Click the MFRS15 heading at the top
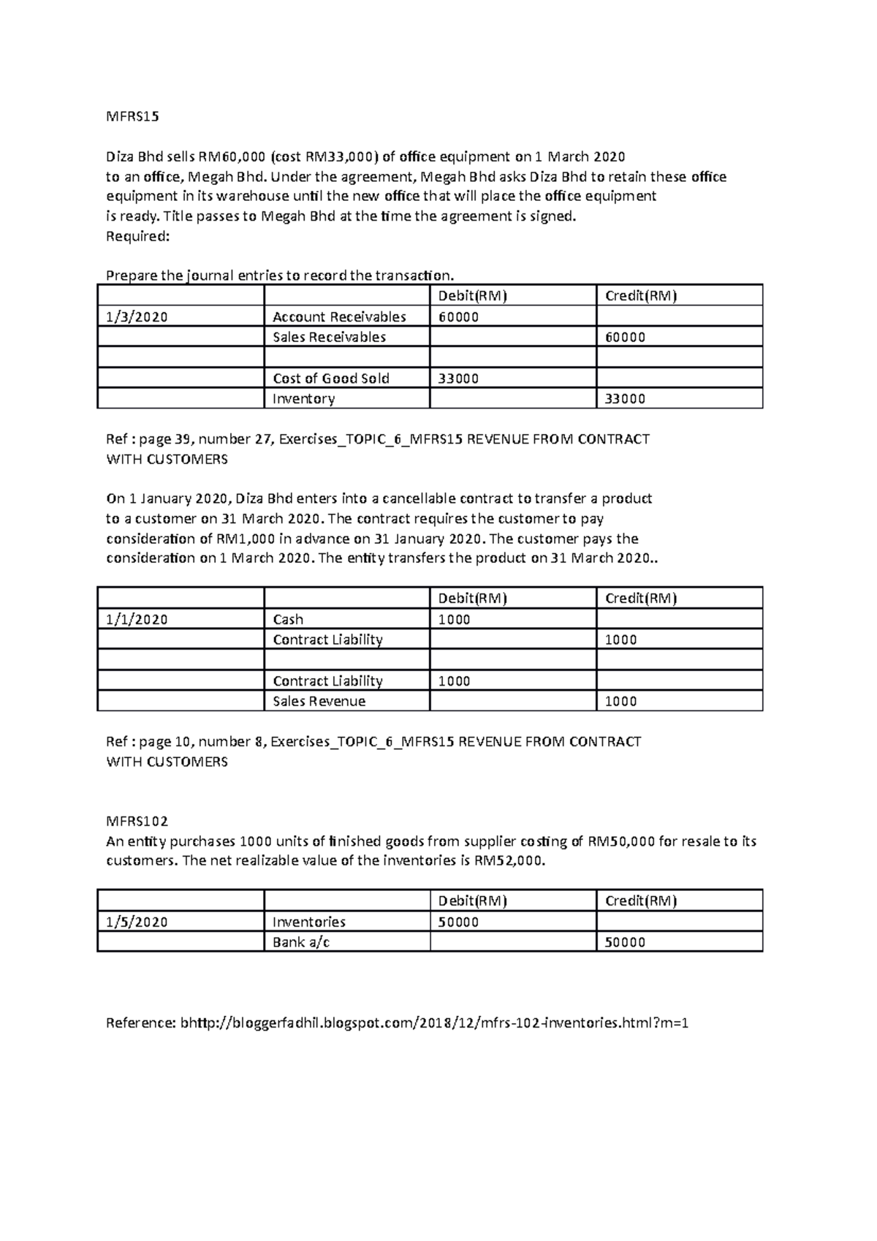click(x=132, y=116)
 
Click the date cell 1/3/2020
click(x=137, y=316)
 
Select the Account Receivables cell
click(x=339, y=316)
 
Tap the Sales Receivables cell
click(x=329, y=337)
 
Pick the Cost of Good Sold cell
click(x=330, y=378)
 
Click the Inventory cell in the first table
click(x=303, y=398)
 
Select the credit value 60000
click(x=626, y=337)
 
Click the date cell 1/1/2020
click(x=137, y=619)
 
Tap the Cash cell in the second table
click(x=288, y=619)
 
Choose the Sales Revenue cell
click(x=319, y=701)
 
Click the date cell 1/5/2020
click(x=137, y=922)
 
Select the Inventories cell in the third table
click(x=309, y=922)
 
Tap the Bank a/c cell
click(x=301, y=942)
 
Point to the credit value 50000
click(x=626, y=942)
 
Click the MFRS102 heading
click(x=137, y=821)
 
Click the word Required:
click(x=137, y=236)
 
